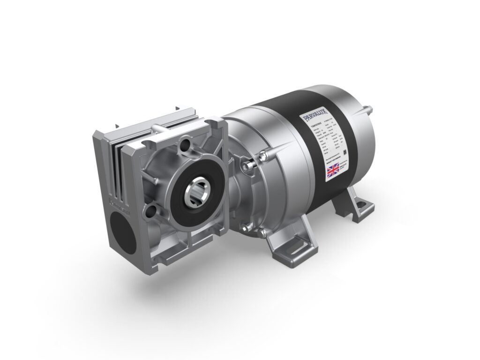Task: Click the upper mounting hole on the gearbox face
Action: pos(186,142)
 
